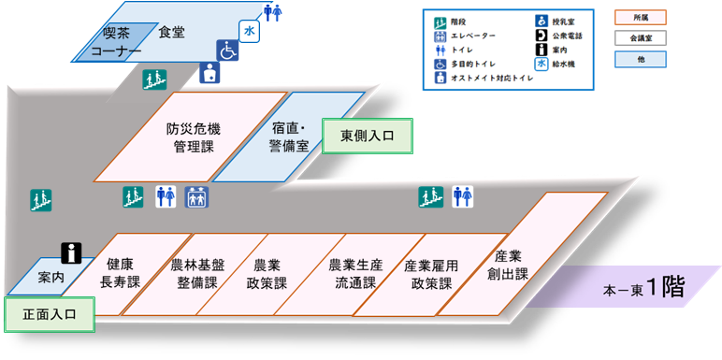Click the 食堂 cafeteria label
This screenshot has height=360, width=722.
[172, 32]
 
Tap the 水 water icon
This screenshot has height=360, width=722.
[249, 31]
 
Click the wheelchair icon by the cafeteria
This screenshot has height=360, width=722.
[227, 50]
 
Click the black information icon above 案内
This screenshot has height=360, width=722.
[72, 252]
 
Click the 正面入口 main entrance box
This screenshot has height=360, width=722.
[48, 314]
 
